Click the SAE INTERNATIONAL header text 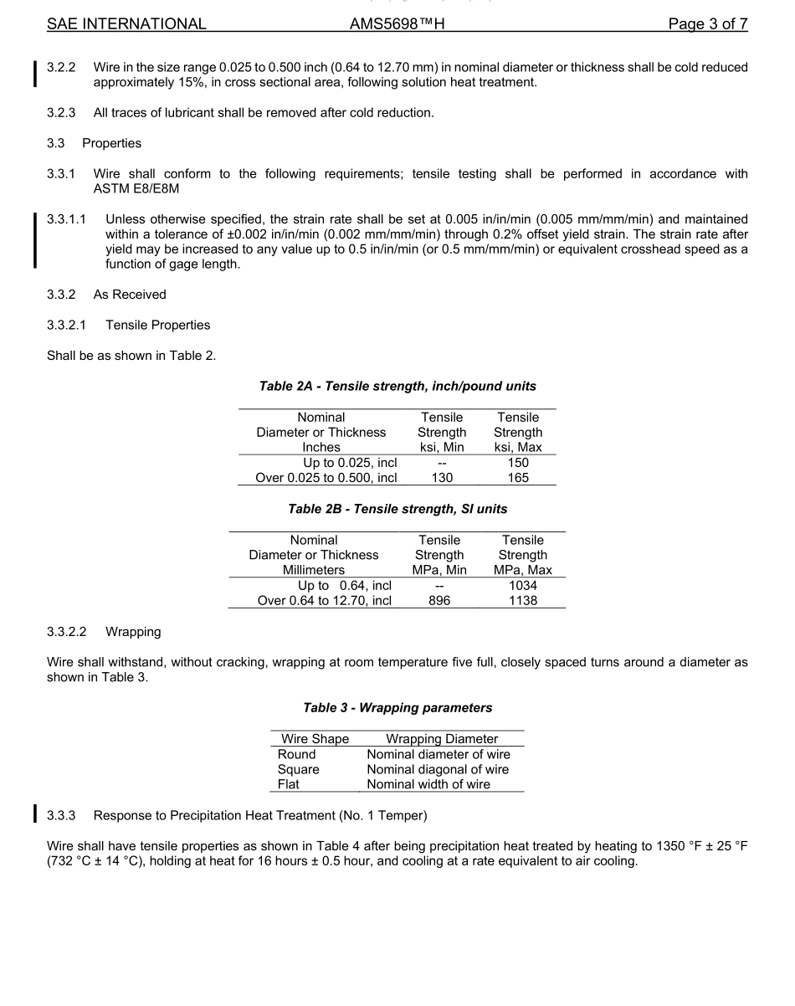tap(126, 24)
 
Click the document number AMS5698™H tap(397, 24)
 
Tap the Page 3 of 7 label tap(707, 24)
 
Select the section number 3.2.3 tap(61, 113)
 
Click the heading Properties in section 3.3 tap(111, 143)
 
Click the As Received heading tap(130, 295)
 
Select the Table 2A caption tap(397, 387)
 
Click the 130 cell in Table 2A tap(442, 478)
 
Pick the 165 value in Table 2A tap(518, 478)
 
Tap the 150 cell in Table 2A tap(518, 463)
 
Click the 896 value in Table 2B tap(439, 600)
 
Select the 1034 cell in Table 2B tap(523, 585)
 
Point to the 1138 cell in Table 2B tap(523, 600)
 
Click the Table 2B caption tap(397, 509)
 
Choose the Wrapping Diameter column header tap(442, 739)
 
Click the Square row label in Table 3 tap(299, 769)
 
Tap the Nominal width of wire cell tap(428, 784)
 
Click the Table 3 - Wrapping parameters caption tap(397, 708)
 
